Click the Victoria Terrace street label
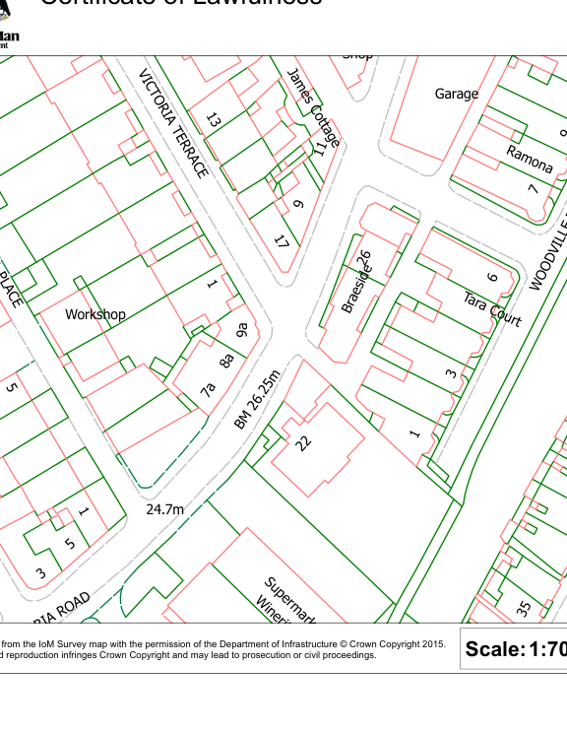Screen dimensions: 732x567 tap(174, 123)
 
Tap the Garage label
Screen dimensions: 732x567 tap(456, 94)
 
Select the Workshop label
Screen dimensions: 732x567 tap(95, 314)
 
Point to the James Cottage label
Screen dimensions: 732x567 tap(313, 107)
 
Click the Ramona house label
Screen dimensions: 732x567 tap(530, 159)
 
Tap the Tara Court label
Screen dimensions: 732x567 tap(491, 307)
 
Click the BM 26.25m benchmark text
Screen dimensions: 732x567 tap(258, 399)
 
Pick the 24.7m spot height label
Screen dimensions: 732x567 tap(164, 509)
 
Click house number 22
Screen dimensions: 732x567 tap(304, 442)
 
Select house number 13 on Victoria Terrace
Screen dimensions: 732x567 tap(214, 121)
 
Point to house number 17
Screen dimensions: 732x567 tap(282, 241)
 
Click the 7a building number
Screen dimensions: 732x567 tap(208, 389)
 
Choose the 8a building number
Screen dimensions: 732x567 tap(226, 360)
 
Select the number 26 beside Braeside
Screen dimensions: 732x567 tap(364, 259)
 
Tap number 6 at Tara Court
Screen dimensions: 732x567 tap(493, 279)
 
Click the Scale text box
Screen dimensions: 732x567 tap(514, 648)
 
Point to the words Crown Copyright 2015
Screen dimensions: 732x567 tap(394, 644)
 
